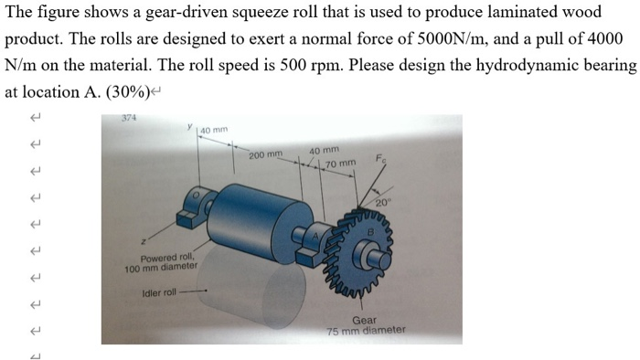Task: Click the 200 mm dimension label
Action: tap(264, 156)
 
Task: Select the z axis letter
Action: tap(143, 241)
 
